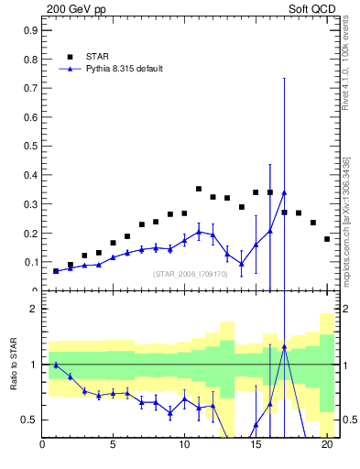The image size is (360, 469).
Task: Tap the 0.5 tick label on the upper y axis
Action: tap(30, 146)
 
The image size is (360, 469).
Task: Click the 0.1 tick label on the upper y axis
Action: tap(30, 262)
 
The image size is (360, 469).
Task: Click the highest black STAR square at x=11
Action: tap(199, 189)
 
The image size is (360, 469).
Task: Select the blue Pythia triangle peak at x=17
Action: tap(284, 192)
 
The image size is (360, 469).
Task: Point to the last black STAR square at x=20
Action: tap(327, 239)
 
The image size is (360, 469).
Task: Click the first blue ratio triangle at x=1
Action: tap(56, 365)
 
